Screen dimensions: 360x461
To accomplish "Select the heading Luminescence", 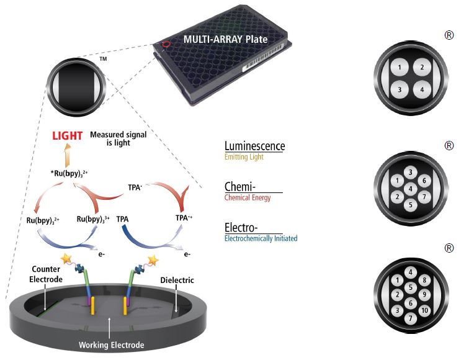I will (x=254, y=146).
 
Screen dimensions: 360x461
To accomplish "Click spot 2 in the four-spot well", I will (x=421, y=67).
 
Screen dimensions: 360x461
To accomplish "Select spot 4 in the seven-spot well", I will (x=410, y=188).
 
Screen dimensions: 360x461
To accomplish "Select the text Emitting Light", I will (x=244, y=158).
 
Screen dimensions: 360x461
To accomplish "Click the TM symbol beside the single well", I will (x=104, y=60).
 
